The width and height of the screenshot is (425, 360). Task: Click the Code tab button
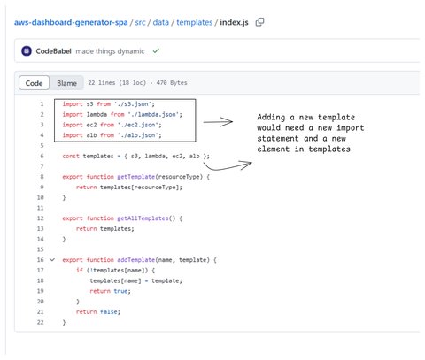(34, 83)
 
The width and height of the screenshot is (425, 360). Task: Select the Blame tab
(66, 83)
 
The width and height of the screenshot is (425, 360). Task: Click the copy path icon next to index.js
(259, 22)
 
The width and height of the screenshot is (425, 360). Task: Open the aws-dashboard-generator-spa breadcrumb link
(71, 22)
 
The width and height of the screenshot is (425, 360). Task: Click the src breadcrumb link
(140, 22)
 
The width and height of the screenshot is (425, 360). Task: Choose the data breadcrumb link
(161, 22)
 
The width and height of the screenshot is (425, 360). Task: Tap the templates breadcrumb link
(195, 22)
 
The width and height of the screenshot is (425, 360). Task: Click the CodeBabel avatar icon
(27, 51)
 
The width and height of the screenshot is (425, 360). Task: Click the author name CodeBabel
(53, 51)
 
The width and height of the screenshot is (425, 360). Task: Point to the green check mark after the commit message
(156, 51)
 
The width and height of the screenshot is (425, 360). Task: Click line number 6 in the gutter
(42, 156)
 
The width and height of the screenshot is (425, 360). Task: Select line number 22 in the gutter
(41, 322)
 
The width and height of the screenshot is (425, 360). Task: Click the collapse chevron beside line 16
(52, 260)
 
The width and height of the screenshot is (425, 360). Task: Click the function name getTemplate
(136, 177)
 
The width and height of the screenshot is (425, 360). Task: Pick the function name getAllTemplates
(143, 218)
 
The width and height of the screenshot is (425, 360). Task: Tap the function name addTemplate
(136, 260)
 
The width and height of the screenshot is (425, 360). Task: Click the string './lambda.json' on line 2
(154, 114)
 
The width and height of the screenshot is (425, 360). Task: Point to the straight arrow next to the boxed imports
(218, 122)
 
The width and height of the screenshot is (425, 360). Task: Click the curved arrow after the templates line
(228, 165)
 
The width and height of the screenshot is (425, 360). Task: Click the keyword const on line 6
(71, 156)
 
